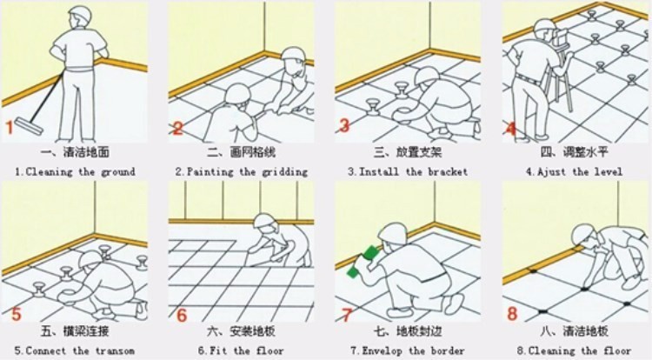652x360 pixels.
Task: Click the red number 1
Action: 10,128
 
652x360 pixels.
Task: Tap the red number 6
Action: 182,315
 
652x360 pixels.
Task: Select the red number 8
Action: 512,313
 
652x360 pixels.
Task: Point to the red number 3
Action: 344,125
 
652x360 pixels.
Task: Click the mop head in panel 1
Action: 29,126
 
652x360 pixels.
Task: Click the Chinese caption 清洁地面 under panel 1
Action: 86,151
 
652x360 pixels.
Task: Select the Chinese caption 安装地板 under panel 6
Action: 252,331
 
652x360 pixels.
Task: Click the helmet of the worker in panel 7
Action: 393,234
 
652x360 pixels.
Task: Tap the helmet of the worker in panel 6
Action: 265,221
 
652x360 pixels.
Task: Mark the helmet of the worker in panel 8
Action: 583,234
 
